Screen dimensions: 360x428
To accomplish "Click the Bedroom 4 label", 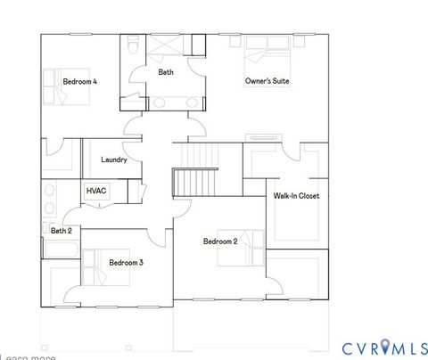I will tap(79, 82).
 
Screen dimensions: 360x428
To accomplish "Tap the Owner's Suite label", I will tap(267, 81).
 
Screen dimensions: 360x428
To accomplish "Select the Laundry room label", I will tap(114, 160).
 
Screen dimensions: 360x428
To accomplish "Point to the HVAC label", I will tap(95, 191).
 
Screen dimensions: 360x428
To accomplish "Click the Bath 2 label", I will tap(61, 231).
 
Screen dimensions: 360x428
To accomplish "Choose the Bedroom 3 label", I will tap(127, 262).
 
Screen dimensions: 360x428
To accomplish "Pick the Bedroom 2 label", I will tap(219, 241).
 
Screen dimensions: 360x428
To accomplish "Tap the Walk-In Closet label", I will tap(296, 196).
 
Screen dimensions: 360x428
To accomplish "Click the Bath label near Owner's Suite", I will tap(166, 72).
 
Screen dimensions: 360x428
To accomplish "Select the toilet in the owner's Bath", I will tap(132, 46).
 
